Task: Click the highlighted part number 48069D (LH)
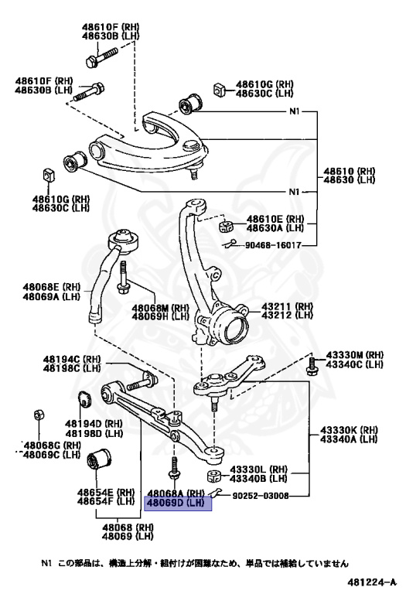[x=176, y=503]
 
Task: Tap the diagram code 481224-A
[x=372, y=582]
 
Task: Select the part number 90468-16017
[x=273, y=245]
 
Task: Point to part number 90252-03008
[x=260, y=496]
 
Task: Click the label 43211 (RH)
[x=287, y=306]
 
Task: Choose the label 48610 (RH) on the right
[x=349, y=171]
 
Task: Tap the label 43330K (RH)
[x=349, y=430]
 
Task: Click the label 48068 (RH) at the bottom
[x=128, y=527]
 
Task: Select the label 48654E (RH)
[x=106, y=492]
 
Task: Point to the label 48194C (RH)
[x=72, y=359]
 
